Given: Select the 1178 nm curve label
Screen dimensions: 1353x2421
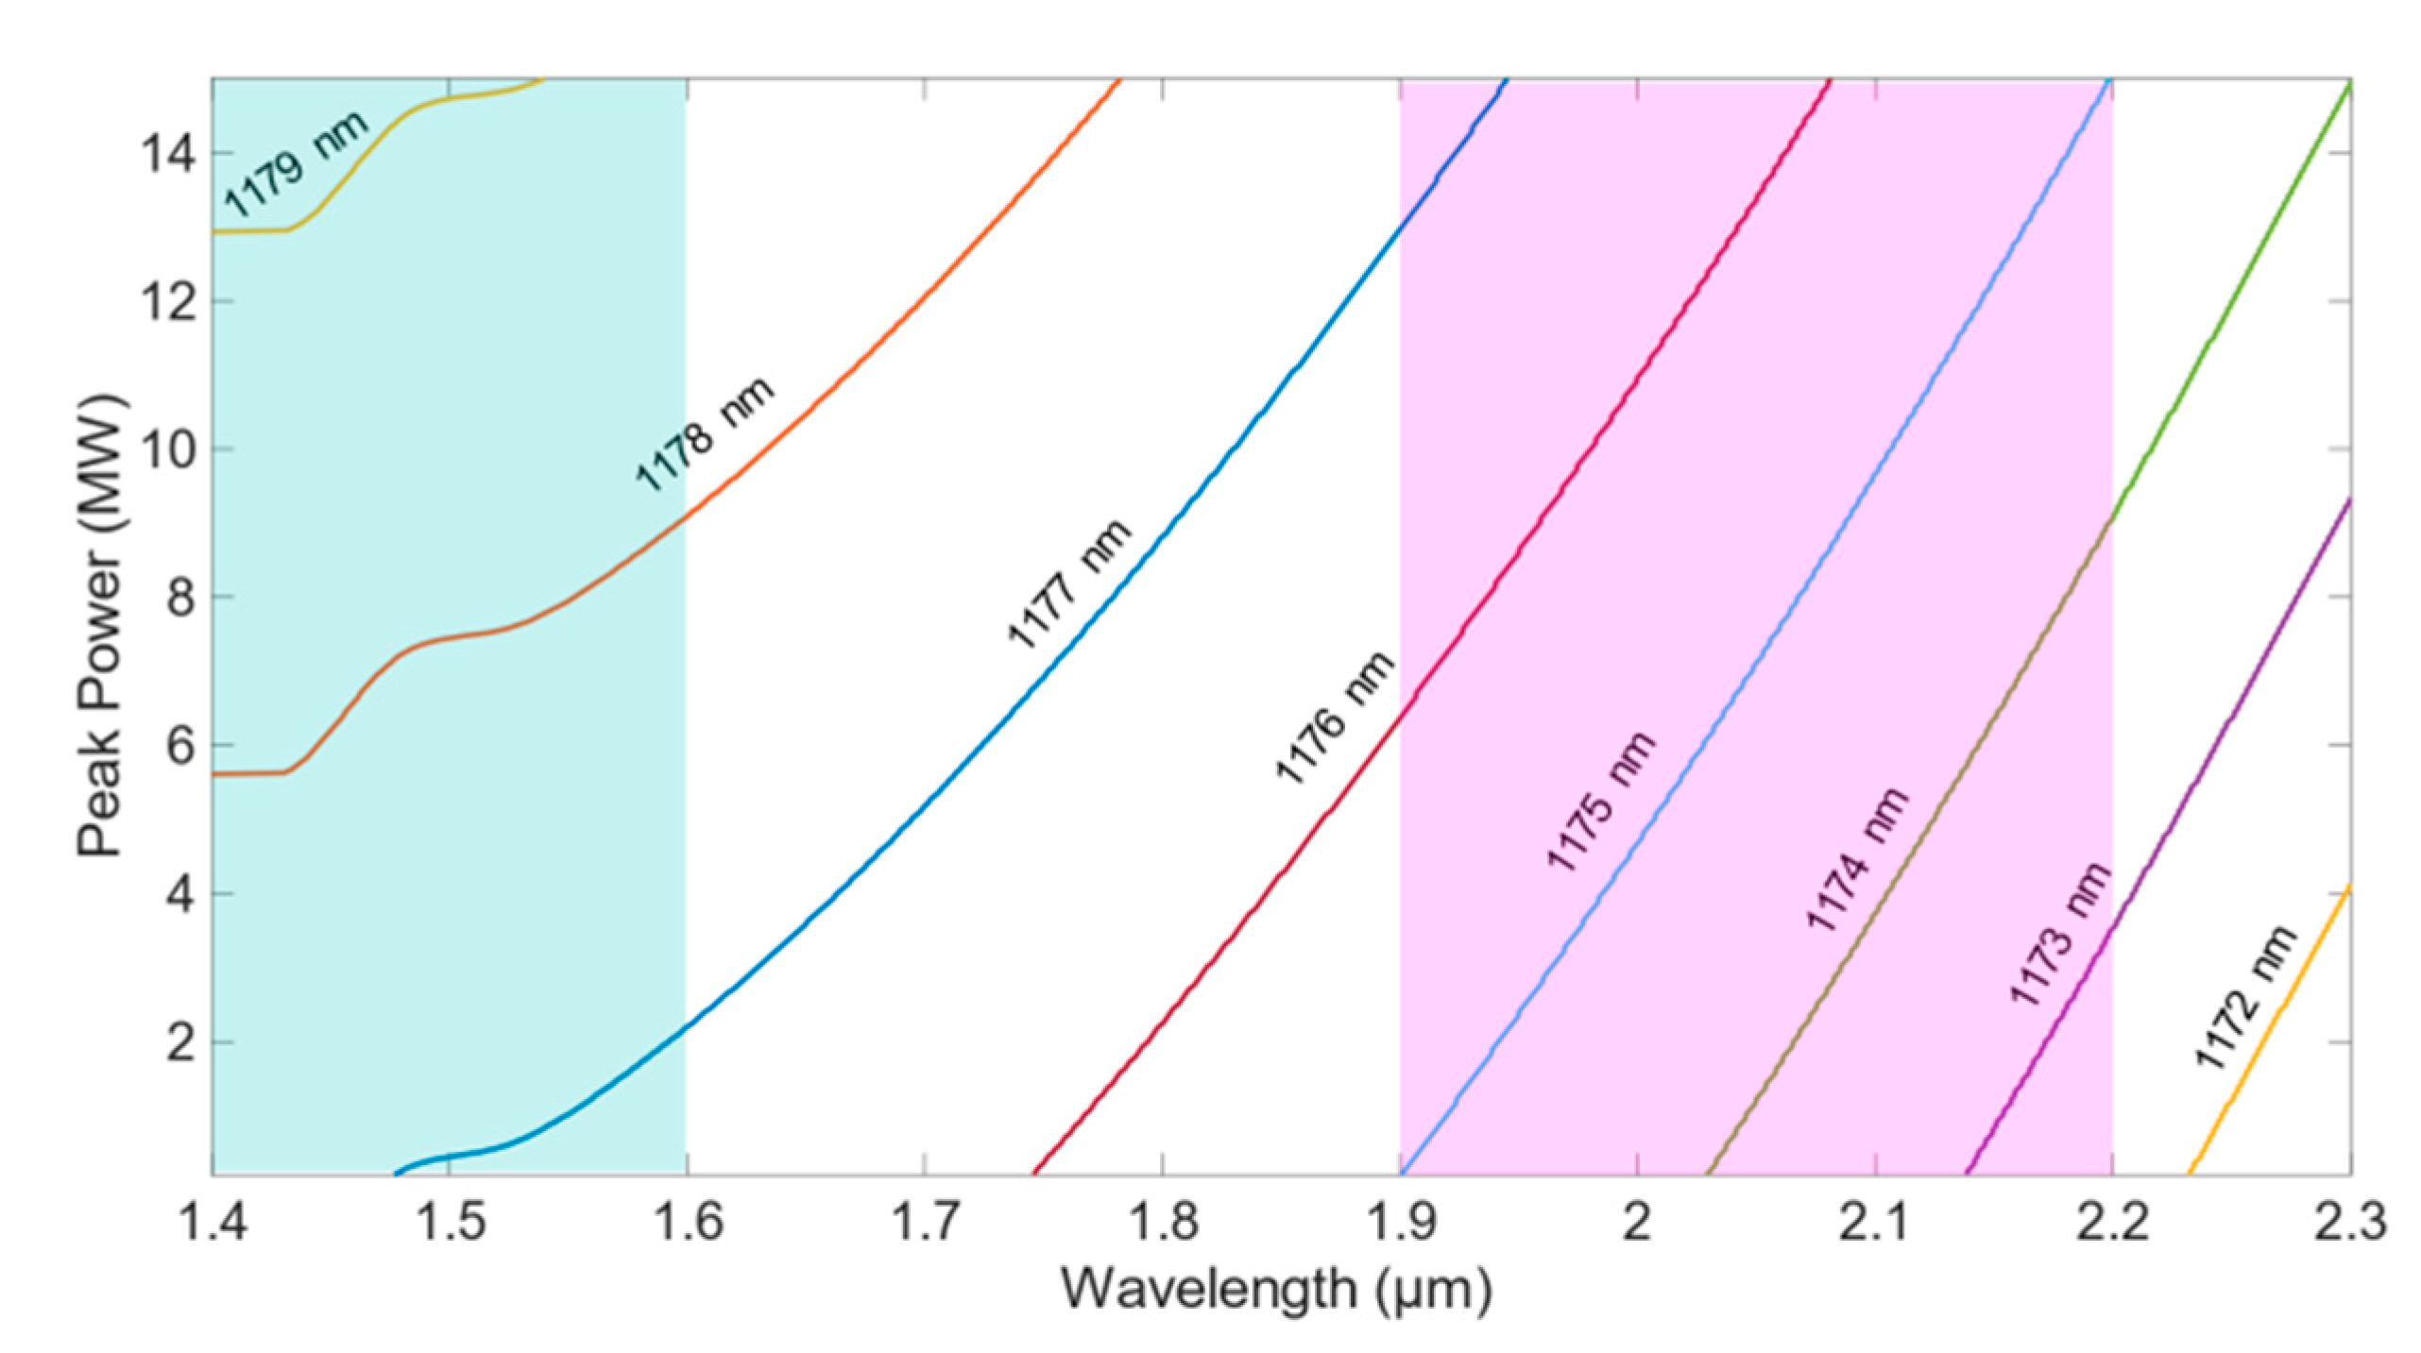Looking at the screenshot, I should point(704,434).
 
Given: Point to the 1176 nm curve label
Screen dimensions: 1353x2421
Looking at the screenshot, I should point(1334,718).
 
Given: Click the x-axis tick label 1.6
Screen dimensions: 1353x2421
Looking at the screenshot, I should point(686,1223).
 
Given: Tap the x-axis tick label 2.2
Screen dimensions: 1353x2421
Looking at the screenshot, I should point(2111,1223).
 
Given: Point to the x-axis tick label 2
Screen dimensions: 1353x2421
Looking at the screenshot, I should point(1636,1223).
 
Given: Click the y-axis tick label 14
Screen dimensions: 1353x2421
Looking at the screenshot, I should point(168,154).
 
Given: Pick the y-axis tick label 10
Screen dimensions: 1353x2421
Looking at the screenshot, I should point(168,449).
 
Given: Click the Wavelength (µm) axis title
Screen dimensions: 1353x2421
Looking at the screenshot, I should point(1275,1289).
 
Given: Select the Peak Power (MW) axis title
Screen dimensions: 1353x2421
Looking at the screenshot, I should point(101,627).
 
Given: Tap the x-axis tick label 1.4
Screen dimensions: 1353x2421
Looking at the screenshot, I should point(212,1223).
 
